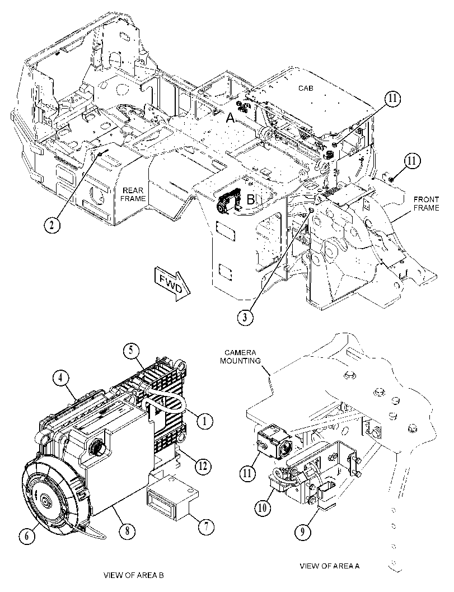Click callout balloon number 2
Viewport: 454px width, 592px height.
tap(52, 225)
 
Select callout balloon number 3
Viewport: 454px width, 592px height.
tap(245, 317)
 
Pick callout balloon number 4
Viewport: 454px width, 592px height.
tap(60, 378)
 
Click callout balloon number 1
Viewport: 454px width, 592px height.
tap(204, 421)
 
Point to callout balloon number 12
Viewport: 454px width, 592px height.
tap(203, 467)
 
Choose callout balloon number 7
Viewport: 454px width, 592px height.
tap(206, 526)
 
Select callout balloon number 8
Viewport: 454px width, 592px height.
tap(127, 531)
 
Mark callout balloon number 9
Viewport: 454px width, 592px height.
tap(303, 532)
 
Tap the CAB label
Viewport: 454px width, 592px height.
tap(306, 88)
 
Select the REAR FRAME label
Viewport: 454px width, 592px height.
tap(133, 194)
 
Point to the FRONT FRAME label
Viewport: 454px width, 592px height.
tap(427, 203)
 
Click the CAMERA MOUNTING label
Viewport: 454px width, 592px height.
tap(240, 357)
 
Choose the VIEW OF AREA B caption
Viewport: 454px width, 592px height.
tap(134, 575)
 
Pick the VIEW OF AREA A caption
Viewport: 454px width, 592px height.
tap(330, 566)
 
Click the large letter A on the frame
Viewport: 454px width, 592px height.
tap(230, 119)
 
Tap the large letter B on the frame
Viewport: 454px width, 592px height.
tap(251, 200)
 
